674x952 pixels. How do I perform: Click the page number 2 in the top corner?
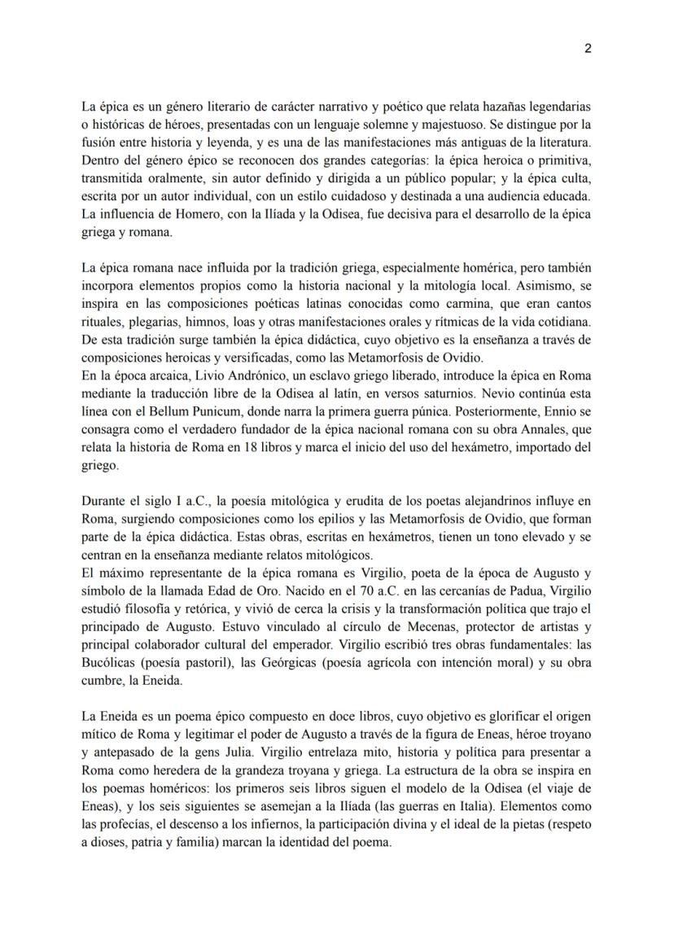588,48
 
